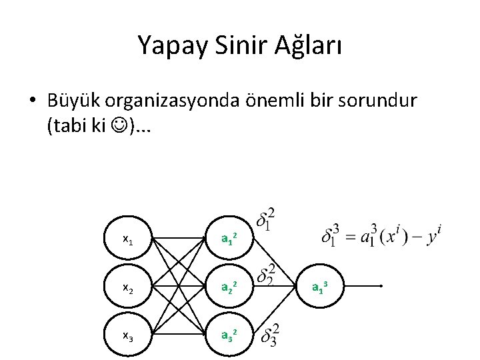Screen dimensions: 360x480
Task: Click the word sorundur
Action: click(x=379, y=101)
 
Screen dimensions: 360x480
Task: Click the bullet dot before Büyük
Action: click(x=32, y=101)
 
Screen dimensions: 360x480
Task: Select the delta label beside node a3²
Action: click(x=270, y=335)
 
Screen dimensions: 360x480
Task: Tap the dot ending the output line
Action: click(x=380, y=286)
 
